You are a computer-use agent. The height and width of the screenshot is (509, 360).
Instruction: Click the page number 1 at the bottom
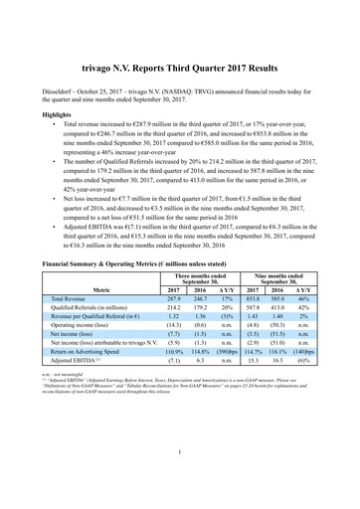pyautogui.click(x=180, y=484)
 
